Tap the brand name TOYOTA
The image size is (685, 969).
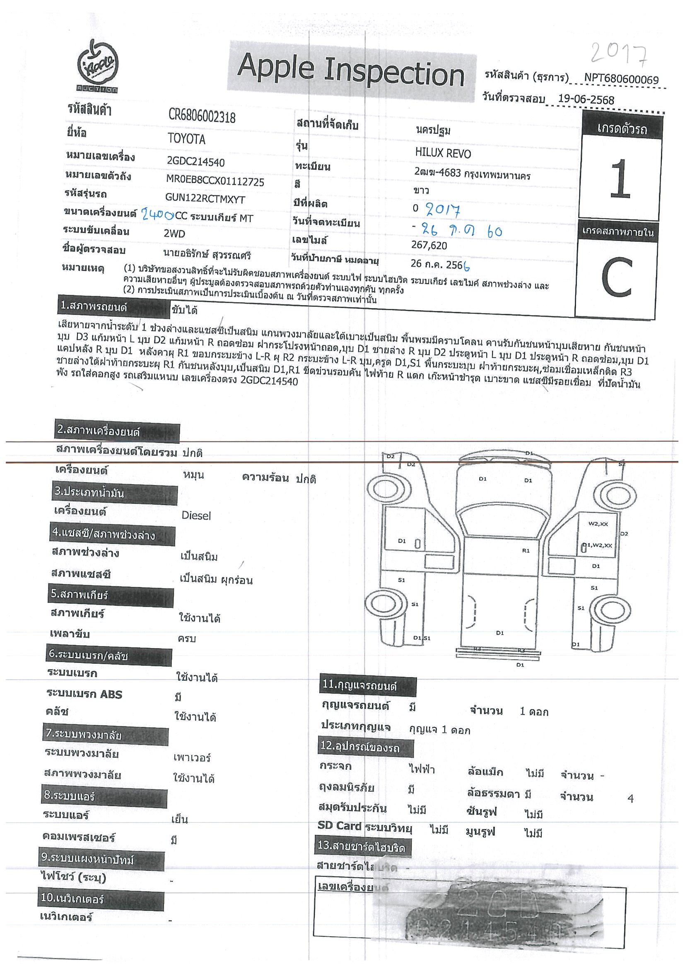(x=186, y=139)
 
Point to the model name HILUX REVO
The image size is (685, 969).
(x=443, y=153)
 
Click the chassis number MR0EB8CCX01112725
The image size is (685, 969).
(x=215, y=181)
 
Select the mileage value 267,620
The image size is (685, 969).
(x=429, y=246)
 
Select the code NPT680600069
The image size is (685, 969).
(x=621, y=79)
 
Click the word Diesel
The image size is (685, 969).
(x=196, y=515)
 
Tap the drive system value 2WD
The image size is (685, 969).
(x=174, y=234)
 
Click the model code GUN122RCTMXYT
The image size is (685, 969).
(x=205, y=199)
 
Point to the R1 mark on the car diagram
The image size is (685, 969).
(x=526, y=550)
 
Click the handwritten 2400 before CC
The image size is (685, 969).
(x=157, y=215)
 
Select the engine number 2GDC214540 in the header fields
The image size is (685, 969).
(x=196, y=162)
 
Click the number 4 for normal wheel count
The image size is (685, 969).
(x=630, y=798)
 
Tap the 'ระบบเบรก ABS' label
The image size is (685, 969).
(x=84, y=694)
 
